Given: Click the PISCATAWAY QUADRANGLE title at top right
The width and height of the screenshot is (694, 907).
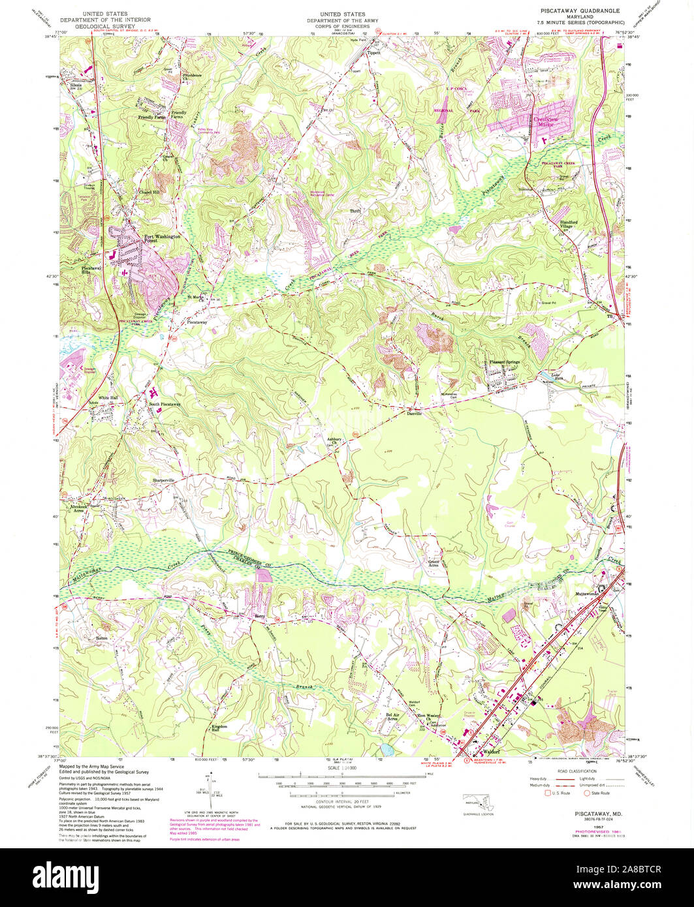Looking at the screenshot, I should click(579, 11).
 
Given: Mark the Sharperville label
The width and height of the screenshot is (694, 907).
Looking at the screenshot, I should click(164, 480).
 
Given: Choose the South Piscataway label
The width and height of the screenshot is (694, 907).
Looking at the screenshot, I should click(164, 405).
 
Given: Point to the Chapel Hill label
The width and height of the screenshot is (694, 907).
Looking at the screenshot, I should click(149, 192).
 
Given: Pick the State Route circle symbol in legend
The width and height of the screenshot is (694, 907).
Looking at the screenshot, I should click(587, 793).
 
